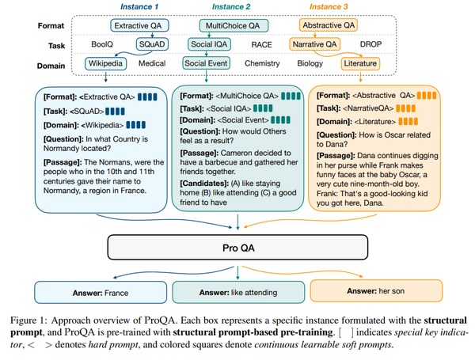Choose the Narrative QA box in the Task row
point(317,44)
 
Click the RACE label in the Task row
point(262,44)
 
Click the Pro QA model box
point(237,250)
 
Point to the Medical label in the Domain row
point(152,63)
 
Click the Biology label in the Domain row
point(310,63)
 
